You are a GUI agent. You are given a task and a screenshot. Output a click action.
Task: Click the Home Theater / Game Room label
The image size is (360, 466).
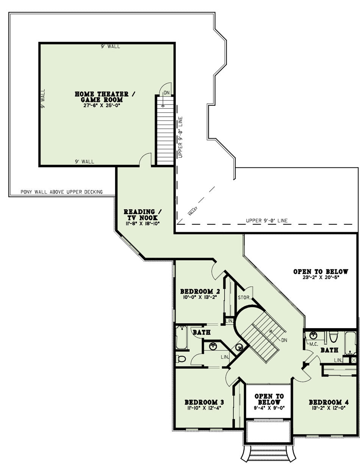105,97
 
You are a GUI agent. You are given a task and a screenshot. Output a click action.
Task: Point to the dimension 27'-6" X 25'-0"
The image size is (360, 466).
101,105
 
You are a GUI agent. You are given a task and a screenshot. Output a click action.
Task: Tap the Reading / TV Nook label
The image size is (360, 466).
142,215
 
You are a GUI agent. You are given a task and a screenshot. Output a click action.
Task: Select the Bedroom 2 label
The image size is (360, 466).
200,291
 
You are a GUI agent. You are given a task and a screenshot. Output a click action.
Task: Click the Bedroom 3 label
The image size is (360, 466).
204,402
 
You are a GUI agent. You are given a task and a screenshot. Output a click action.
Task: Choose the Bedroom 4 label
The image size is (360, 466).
329,402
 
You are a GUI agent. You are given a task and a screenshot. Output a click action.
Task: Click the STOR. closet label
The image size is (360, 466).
244,298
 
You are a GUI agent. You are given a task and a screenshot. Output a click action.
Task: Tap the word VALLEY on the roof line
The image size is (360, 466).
193,211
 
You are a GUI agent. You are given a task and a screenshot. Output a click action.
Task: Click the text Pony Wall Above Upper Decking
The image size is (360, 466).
61,192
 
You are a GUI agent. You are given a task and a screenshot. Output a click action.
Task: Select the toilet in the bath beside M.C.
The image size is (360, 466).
333,337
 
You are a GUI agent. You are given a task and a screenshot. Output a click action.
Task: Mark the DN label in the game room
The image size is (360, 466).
166,93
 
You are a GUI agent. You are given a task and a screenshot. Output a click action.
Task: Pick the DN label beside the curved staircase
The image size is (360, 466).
284,340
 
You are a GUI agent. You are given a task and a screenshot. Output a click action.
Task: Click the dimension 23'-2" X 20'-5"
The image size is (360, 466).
321,277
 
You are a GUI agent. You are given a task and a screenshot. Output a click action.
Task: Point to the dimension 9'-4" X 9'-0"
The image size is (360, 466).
269,408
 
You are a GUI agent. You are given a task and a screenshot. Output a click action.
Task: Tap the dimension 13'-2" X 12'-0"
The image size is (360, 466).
329,408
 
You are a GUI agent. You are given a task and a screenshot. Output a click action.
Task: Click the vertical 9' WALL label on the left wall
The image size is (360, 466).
43,99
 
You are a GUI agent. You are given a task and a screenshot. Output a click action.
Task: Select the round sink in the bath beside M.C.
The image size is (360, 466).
313,335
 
